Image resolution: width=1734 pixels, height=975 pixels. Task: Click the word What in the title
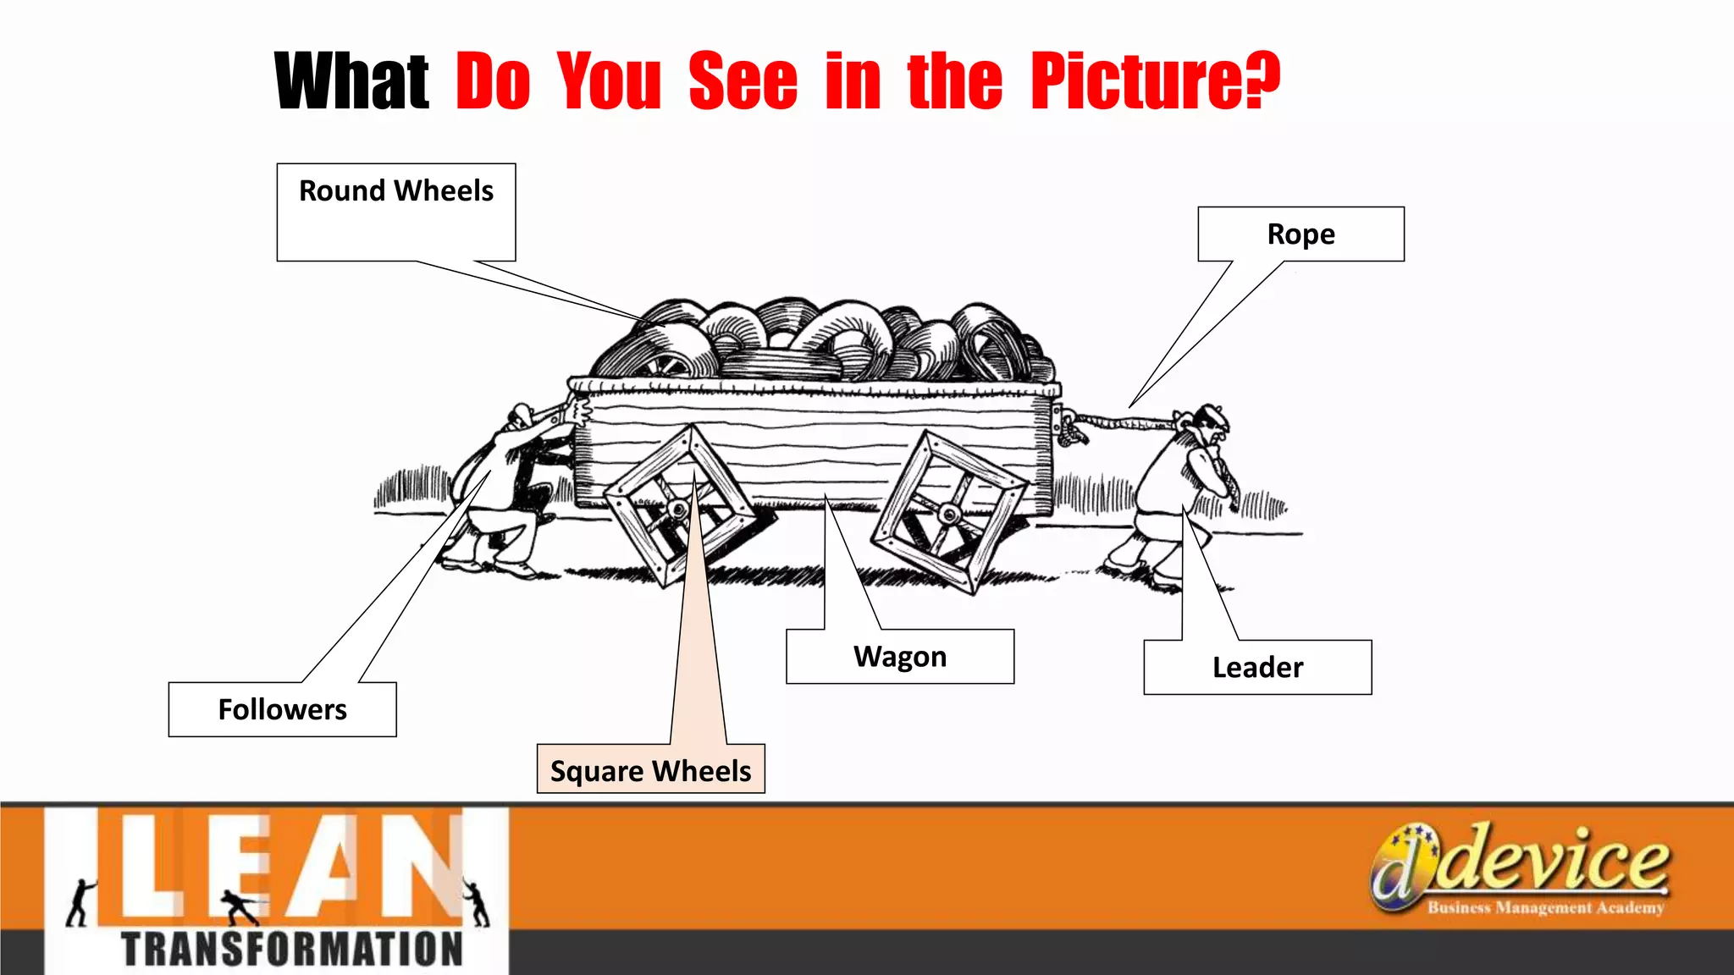coord(351,81)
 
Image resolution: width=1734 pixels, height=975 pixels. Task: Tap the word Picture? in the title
coord(1155,81)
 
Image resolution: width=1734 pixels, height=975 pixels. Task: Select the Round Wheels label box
coord(396,212)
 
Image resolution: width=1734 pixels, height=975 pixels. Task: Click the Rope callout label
coord(1300,234)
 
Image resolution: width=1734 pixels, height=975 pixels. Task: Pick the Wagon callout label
coord(900,657)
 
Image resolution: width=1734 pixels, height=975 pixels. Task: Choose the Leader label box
coord(1257,668)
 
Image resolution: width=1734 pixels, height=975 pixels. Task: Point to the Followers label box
coord(282,709)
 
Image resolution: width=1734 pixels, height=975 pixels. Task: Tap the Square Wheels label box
coord(650,769)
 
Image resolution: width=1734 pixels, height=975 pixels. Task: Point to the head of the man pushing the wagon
coord(522,418)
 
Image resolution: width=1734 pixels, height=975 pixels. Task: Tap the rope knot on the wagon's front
coord(1072,427)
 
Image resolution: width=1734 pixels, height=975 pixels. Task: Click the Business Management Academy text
coord(1545,908)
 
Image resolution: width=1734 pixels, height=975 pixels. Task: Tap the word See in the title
coord(743,81)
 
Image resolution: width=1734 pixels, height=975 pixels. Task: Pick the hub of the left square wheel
coord(678,510)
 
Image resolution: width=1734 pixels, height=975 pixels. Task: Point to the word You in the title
coord(609,81)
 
